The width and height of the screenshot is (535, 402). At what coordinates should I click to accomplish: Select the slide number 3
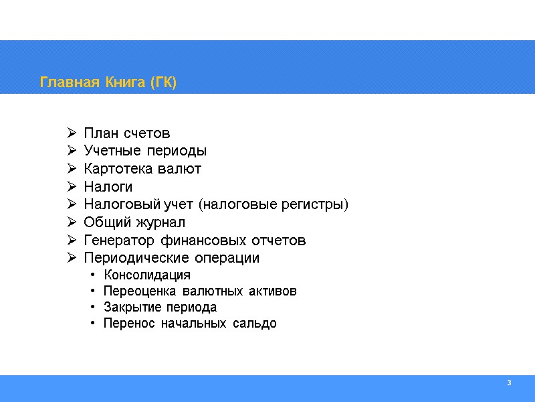coord(509,383)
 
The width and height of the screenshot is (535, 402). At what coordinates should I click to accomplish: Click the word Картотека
coord(118,168)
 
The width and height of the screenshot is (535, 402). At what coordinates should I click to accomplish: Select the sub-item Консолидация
coord(147,275)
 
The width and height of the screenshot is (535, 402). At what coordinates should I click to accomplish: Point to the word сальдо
coord(255,324)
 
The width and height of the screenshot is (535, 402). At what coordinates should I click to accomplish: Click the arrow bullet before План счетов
coord(72,133)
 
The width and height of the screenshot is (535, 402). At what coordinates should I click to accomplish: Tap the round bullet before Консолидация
coord(92,275)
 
